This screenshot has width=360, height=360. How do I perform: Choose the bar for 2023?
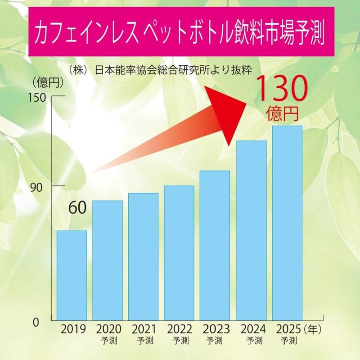215,245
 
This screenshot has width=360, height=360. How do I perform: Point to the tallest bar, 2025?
287,223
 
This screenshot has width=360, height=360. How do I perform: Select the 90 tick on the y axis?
42,186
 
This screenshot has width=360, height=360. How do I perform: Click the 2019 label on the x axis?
72,329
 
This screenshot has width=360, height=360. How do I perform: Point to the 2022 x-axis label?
179,329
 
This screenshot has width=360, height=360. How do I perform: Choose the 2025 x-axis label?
287,329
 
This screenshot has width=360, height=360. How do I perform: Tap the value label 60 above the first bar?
78,208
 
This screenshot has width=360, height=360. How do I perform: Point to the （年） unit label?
311,329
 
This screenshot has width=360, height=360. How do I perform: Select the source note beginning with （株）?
160,70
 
